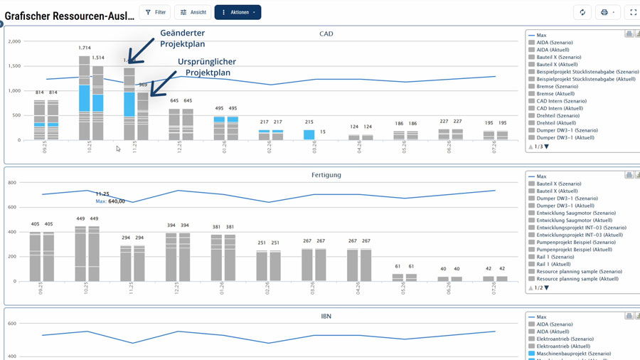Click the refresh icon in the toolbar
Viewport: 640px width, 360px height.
[x=582, y=12]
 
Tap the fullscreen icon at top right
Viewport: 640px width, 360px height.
[x=633, y=12]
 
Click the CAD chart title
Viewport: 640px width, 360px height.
[x=326, y=33]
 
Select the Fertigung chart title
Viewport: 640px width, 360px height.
[x=326, y=174]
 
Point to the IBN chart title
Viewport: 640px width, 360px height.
[x=326, y=315]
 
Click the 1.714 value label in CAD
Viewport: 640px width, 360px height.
[x=84, y=48]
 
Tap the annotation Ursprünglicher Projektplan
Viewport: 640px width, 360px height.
[x=207, y=67]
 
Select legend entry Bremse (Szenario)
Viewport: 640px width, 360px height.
[x=558, y=86]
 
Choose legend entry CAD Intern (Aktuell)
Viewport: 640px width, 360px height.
[x=557, y=108]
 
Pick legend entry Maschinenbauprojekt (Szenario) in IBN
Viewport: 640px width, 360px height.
[x=573, y=353]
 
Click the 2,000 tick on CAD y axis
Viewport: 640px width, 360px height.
[x=14, y=41]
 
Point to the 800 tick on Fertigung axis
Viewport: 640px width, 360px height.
[x=12, y=183]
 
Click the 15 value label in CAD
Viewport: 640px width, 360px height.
[x=322, y=132]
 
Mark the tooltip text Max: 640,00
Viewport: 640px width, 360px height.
[x=110, y=201]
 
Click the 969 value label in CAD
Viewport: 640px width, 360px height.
[x=142, y=85]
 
